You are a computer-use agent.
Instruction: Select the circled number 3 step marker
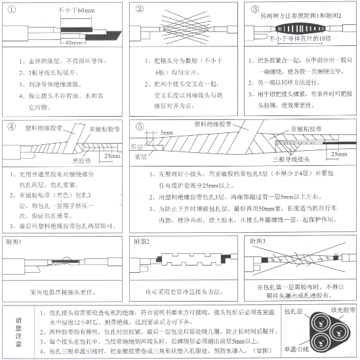(256, 9)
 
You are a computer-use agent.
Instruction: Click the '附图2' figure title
(142, 242)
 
